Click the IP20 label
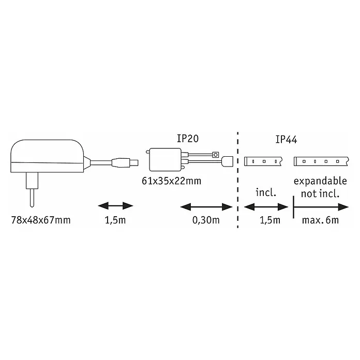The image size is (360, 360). (188, 139)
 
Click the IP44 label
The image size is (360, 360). (286, 140)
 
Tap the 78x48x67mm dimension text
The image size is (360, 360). (41, 220)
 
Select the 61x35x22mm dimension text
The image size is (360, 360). (172, 181)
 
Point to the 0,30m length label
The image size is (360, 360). (206, 220)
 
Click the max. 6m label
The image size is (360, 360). (320, 220)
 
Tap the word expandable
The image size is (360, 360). (320, 181)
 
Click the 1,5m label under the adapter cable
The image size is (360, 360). (115, 220)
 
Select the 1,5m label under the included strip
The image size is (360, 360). (270, 220)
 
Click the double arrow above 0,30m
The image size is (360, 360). (206, 207)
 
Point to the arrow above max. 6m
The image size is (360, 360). (321, 207)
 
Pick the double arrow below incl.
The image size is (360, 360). (266, 207)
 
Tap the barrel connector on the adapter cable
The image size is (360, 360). (125, 162)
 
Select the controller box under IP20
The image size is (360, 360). (165, 160)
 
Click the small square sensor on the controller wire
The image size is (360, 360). (215, 155)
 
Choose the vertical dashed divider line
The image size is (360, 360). (237, 180)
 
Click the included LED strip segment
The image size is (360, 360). (263, 161)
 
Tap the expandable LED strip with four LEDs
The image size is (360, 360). (321, 161)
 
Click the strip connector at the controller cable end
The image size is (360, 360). (227, 161)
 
